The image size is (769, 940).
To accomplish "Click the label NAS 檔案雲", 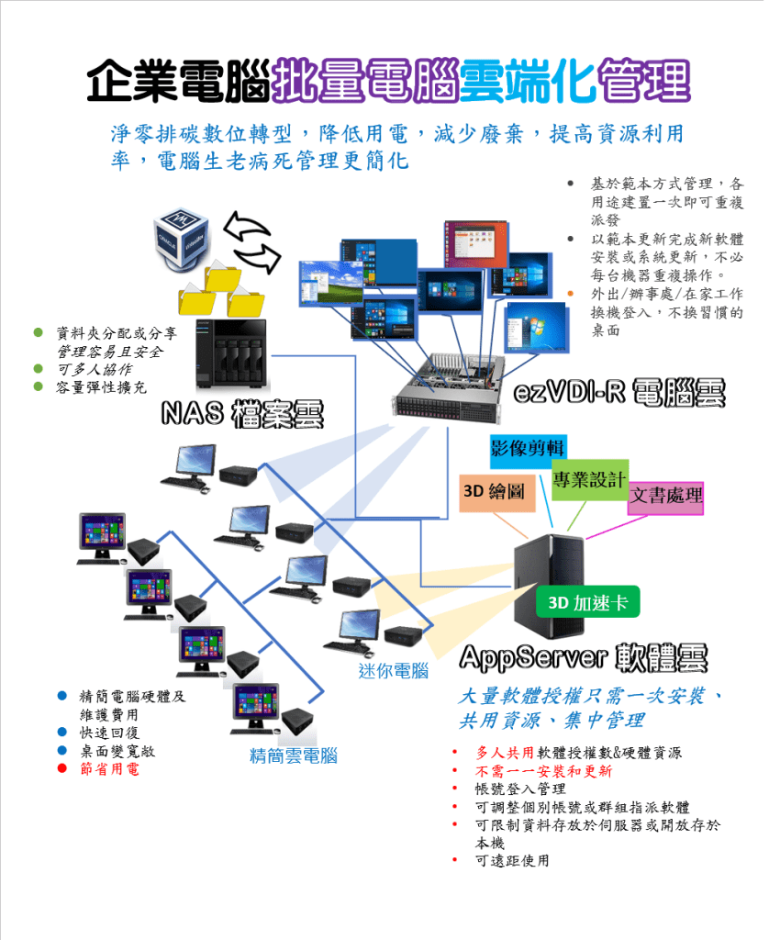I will click(242, 414).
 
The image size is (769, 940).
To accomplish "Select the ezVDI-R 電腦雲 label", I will click(619, 393).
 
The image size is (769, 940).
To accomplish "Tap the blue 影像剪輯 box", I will click(527, 447).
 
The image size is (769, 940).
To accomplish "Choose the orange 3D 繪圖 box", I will click(496, 492).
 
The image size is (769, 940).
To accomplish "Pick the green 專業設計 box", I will click(589, 479).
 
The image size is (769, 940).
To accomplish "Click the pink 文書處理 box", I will click(666, 497).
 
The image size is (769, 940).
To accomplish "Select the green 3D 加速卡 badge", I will click(587, 602).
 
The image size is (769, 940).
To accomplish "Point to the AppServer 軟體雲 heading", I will click(584, 657).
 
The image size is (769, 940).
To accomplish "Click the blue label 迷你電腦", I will click(393, 671).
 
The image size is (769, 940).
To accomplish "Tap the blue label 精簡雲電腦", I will click(294, 755).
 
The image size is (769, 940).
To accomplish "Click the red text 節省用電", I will click(110, 768).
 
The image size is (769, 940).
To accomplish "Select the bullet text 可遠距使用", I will click(512, 860).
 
